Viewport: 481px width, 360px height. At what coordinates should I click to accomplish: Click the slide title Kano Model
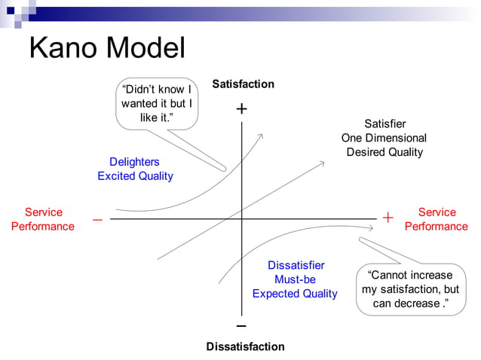tap(106, 48)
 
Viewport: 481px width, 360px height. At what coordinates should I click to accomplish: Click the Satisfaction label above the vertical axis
tap(243, 84)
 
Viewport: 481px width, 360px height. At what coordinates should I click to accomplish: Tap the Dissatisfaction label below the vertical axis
tap(245, 346)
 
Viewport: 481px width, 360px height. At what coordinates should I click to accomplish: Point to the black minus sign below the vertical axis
tap(241, 326)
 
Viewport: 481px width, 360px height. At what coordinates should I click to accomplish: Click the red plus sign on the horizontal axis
tap(388, 218)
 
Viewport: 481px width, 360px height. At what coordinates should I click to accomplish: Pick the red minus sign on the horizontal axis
tap(97, 220)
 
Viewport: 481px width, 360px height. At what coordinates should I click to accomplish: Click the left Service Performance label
tap(43, 219)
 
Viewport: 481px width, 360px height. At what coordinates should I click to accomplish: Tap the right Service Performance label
tap(437, 219)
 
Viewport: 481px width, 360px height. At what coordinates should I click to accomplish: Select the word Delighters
tap(134, 162)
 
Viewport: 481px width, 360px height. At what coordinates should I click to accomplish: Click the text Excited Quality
tap(135, 176)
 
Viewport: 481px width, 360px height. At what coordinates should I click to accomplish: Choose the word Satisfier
tap(384, 124)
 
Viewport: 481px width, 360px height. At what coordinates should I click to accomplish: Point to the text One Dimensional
tap(384, 138)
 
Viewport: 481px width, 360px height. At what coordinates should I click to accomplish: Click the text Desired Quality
tap(384, 152)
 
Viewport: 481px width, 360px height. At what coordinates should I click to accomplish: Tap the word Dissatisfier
tap(296, 265)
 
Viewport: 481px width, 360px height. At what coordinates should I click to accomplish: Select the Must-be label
tap(296, 279)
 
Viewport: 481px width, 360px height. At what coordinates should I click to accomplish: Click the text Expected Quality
tap(295, 294)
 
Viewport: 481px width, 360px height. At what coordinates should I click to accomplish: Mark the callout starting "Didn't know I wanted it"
tap(157, 104)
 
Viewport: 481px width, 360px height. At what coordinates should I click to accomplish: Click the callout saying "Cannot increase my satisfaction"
tap(410, 289)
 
